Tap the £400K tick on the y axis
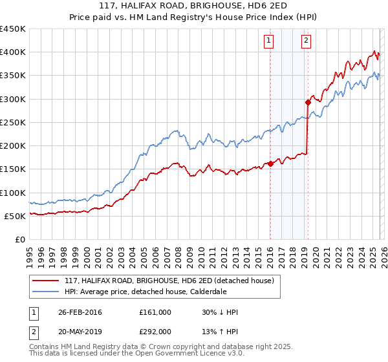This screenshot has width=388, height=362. pyautogui.click(x=13, y=52)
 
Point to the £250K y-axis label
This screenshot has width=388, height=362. pyautogui.click(x=13, y=122)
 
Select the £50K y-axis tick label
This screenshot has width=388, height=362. pyautogui.click(x=16, y=216)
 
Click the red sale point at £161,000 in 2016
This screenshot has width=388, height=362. pyautogui.click(x=270, y=164)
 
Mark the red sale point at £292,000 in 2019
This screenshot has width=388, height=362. pyautogui.click(x=308, y=102)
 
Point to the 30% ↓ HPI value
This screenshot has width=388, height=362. pyautogui.click(x=220, y=312)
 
